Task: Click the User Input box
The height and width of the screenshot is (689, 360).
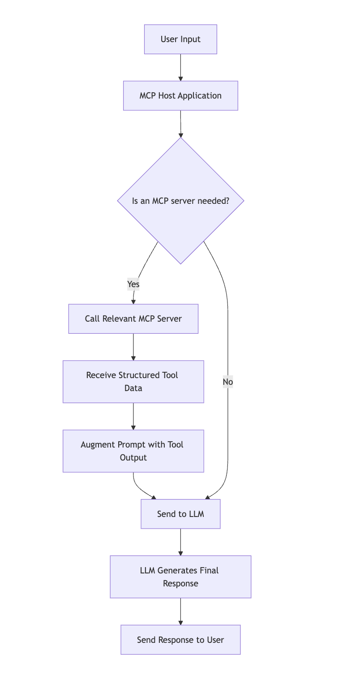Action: tap(180, 39)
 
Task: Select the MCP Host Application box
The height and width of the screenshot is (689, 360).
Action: tap(180, 96)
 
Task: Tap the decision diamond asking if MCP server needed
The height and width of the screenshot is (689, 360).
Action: tap(180, 201)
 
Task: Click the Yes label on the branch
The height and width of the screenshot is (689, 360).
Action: tap(133, 284)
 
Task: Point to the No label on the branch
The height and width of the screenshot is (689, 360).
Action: tap(228, 382)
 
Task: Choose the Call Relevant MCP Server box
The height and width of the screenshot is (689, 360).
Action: tap(133, 319)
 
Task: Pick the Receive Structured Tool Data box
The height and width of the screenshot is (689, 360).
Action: tap(133, 382)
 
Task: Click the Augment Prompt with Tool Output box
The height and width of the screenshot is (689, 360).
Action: tap(133, 451)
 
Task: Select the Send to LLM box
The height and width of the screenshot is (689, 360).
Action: tap(180, 514)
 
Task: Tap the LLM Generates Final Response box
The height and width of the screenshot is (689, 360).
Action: tap(180, 577)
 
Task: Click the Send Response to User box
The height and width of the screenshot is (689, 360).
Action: tap(180, 640)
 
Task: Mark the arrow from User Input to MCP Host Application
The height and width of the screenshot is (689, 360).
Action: tap(180, 68)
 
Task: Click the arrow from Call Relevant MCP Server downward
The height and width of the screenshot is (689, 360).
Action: tap(133, 347)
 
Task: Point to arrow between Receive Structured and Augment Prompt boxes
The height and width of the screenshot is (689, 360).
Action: tap(133, 417)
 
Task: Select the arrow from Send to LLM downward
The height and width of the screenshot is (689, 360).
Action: tap(180, 542)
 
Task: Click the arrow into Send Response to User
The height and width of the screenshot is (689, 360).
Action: tap(180, 612)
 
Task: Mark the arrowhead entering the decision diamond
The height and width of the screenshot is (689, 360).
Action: tap(181, 135)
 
